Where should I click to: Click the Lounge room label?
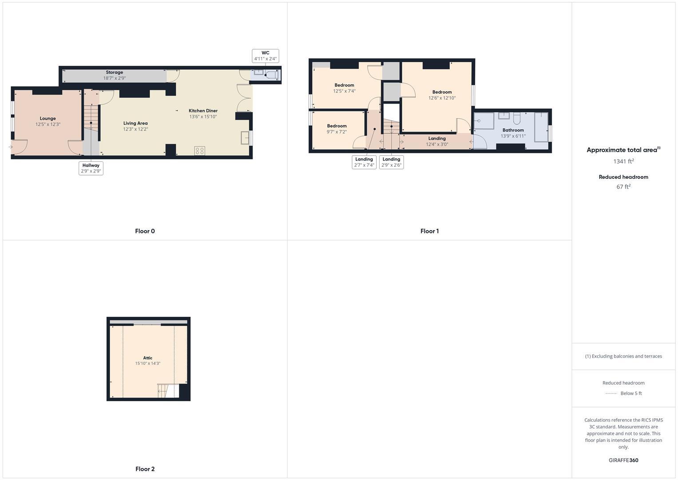click(x=48, y=119)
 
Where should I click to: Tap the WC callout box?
click(x=266, y=56)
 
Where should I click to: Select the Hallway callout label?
click(x=91, y=168)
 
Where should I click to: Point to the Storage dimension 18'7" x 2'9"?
click(x=115, y=78)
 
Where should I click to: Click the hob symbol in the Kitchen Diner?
click(x=199, y=151)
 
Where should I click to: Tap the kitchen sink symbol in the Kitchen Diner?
click(x=245, y=138)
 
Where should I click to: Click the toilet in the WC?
click(x=271, y=75)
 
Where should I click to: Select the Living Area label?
click(x=135, y=123)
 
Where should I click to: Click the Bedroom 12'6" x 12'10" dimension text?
click(x=442, y=98)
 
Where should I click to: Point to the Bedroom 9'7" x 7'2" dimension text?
click(x=337, y=132)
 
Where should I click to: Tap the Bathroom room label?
click(x=513, y=130)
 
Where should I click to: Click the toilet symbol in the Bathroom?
click(x=517, y=119)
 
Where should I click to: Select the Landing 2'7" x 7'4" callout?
click(x=364, y=162)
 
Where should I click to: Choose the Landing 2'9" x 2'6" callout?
click(x=391, y=162)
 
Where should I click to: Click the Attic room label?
click(x=148, y=358)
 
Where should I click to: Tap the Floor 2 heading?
click(x=145, y=469)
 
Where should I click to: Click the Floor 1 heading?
click(x=429, y=231)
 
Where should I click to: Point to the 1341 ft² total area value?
click(x=623, y=161)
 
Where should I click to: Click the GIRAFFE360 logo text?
click(x=623, y=460)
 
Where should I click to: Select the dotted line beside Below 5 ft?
click(x=611, y=393)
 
